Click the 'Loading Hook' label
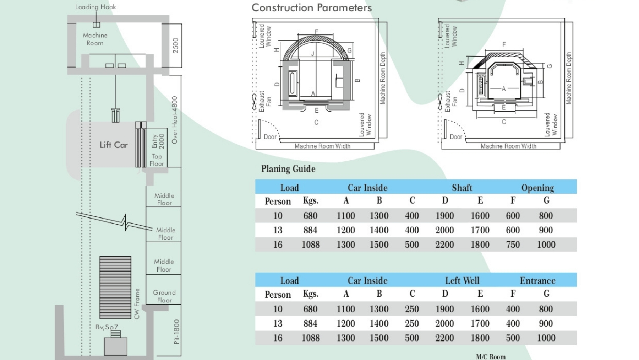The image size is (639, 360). click(95, 7)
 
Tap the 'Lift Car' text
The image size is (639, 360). click(114, 145)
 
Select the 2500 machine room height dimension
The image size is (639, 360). click(175, 45)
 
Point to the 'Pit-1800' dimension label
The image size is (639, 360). click(176, 332)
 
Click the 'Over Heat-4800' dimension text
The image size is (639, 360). click(174, 120)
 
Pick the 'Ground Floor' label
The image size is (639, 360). click(164, 296)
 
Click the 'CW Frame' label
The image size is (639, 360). click(137, 304)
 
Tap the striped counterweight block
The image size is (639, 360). click(115, 287)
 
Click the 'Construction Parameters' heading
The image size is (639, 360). click(311, 7)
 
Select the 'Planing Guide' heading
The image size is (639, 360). click(288, 169)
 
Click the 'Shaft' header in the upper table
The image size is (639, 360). click(462, 188)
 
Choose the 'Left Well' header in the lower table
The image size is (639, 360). click(462, 281)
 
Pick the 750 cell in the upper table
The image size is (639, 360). click(513, 245)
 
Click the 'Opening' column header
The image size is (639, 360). click(537, 188)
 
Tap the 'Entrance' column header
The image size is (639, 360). click(537, 281)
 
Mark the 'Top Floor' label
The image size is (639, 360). click(157, 160)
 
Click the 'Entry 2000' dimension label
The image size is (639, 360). click(158, 141)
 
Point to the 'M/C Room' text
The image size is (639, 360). click(491, 356)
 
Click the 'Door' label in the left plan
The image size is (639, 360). click(270, 137)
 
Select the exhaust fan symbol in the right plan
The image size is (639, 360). click(440, 102)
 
